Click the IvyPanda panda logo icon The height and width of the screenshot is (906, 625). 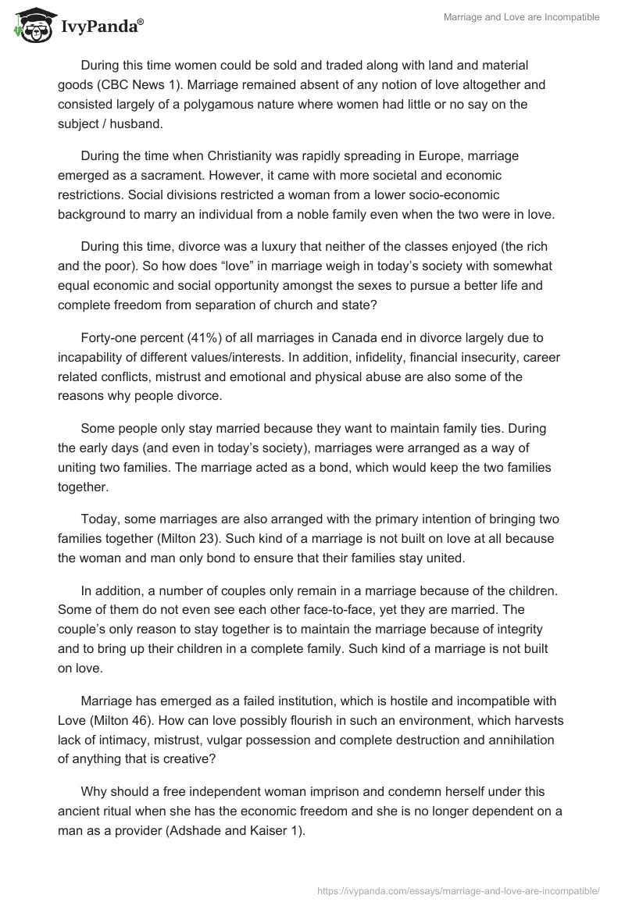click(x=31, y=25)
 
